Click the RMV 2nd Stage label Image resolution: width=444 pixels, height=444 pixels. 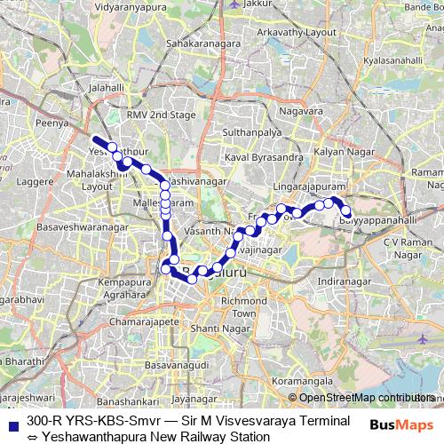[160, 115]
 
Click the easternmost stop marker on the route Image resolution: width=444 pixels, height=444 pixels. [347, 210]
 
